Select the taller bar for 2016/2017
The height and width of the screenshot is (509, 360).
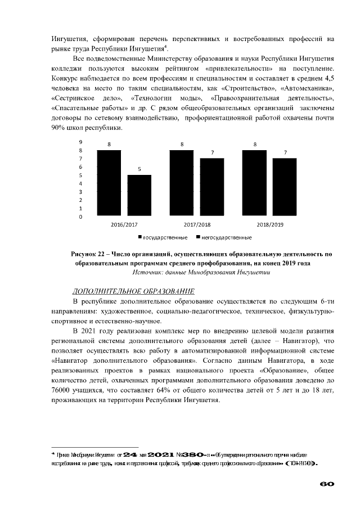(x=109, y=183)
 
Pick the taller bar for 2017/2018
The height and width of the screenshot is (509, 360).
(x=182, y=183)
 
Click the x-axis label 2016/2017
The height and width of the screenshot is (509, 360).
(x=124, y=224)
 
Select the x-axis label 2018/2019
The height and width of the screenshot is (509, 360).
(x=269, y=224)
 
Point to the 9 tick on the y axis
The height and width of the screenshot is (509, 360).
(x=80, y=142)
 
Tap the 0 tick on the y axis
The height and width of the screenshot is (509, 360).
(x=80, y=217)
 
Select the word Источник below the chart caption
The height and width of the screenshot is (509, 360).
(x=148, y=272)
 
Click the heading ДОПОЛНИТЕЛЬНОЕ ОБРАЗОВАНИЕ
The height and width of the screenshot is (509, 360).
(x=134, y=291)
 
